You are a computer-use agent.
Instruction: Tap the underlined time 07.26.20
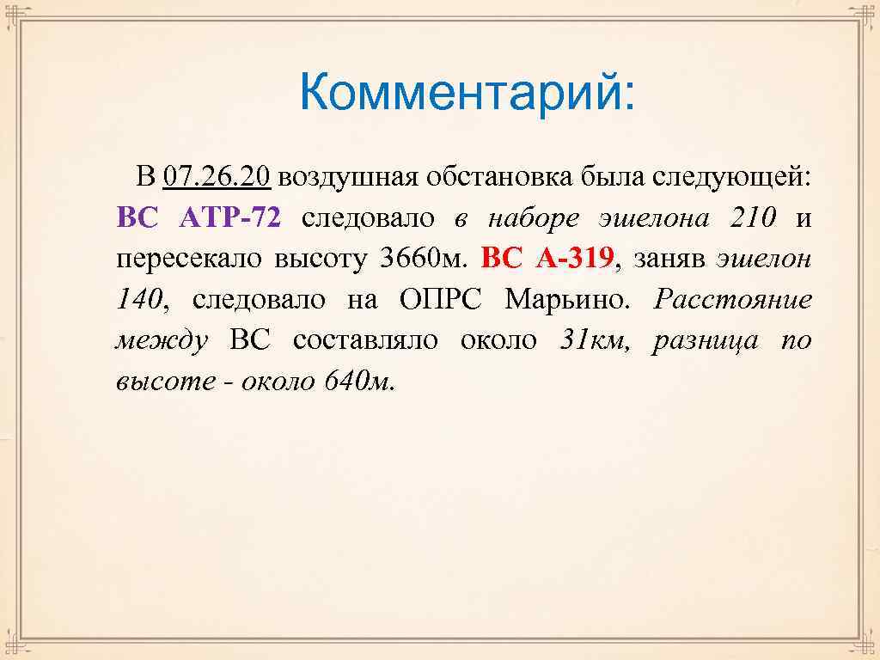point(216,177)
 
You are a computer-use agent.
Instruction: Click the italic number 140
point(137,299)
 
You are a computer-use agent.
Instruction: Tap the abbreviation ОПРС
point(441,299)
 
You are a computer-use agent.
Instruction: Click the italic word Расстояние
point(732,299)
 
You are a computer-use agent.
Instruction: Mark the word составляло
point(364,340)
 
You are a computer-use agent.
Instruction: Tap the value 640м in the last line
point(358,381)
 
